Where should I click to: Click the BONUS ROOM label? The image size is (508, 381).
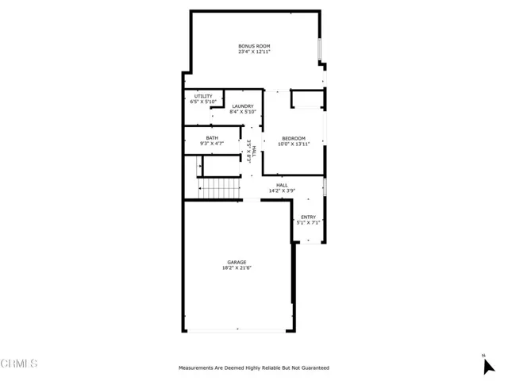[x=254, y=46]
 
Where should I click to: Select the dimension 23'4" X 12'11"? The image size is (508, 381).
[x=254, y=52]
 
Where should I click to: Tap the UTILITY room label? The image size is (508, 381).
[x=203, y=96]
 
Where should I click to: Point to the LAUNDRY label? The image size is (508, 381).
[x=243, y=106]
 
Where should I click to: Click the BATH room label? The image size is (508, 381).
[x=212, y=138]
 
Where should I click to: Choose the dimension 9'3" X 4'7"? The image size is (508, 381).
[x=212, y=144]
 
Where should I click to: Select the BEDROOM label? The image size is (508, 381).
[x=294, y=138]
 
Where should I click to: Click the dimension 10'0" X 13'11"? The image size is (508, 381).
[x=294, y=144]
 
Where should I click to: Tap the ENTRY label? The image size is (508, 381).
[x=308, y=217]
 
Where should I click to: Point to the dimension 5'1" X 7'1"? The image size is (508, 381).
[x=308, y=222]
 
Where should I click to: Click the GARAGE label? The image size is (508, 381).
[x=237, y=262]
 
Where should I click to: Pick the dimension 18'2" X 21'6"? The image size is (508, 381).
[x=237, y=267]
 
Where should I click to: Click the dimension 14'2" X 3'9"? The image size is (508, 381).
[x=282, y=190]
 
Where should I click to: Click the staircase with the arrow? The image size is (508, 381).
[x=219, y=188]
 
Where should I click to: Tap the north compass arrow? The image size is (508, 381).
[x=489, y=367]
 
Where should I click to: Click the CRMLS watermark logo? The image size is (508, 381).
[x=19, y=364]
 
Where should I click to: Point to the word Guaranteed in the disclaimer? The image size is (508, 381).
[x=315, y=368]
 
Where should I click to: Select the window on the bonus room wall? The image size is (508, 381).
[x=319, y=49]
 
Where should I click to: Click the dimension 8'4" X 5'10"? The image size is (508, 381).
[x=243, y=112]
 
